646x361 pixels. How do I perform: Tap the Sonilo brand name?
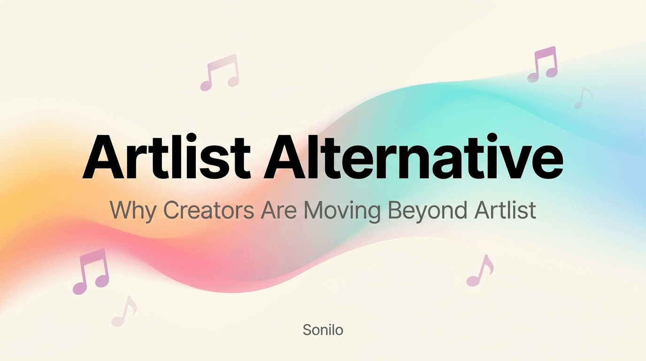[x=323, y=330]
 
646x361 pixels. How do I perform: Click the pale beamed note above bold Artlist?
[x=220, y=73]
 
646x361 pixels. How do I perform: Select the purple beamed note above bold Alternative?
[x=542, y=64]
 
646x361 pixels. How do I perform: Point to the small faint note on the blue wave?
[x=583, y=98]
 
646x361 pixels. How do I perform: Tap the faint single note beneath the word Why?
[x=124, y=311]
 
